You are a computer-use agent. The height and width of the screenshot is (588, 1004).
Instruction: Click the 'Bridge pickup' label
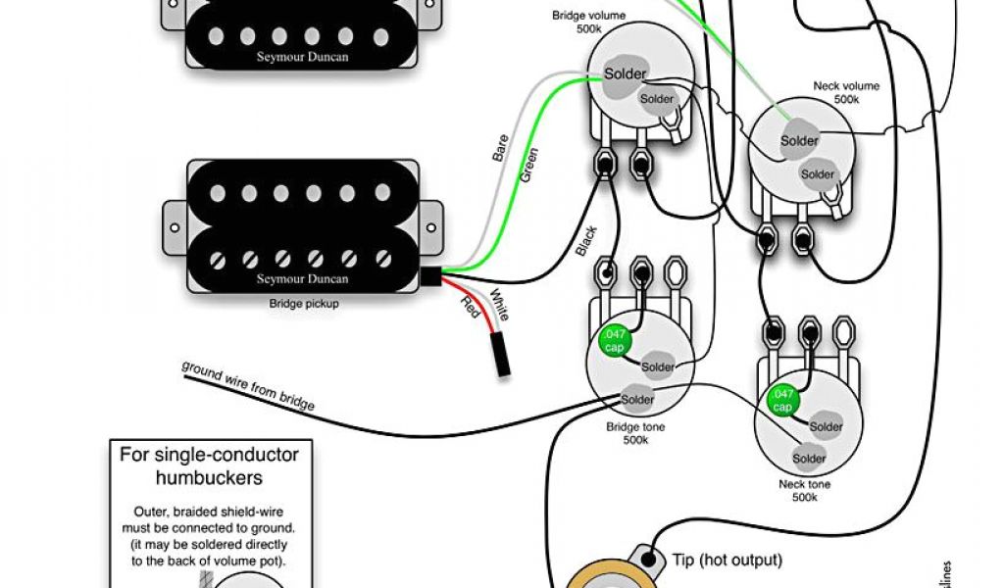(x=303, y=304)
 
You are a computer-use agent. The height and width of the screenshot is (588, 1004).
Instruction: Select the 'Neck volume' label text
(x=846, y=86)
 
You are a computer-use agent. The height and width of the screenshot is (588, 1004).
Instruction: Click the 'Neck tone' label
(x=805, y=484)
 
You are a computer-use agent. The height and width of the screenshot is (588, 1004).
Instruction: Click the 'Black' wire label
(x=586, y=241)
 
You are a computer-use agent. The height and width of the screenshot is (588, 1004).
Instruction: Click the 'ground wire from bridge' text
(x=248, y=385)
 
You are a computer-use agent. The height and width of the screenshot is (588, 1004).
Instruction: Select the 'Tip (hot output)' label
(x=727, y=560)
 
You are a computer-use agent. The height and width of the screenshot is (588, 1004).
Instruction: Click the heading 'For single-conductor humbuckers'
(x=209, y=465)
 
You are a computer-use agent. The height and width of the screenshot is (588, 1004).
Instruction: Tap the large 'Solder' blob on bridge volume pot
(x=624, y=75)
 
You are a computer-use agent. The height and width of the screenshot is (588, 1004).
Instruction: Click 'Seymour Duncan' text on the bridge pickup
(x=303, y=278)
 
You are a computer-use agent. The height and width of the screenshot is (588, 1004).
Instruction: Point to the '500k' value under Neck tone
(x=805, y=498)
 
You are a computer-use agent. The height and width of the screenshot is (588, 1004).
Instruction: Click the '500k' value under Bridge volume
(x=589, y=29)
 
